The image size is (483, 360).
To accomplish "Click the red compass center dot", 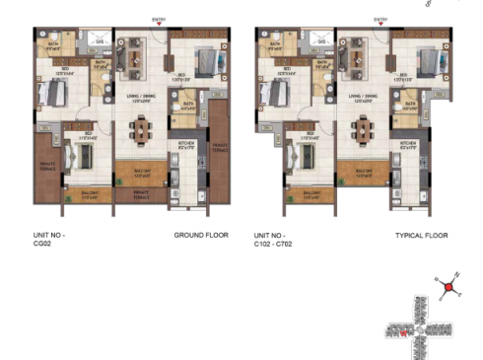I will pos(448,288).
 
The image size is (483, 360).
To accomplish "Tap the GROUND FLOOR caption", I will pos(201,237).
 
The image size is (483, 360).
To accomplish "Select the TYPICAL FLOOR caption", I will pos(421,237).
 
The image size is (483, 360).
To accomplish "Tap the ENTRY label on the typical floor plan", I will pos(380,19).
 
